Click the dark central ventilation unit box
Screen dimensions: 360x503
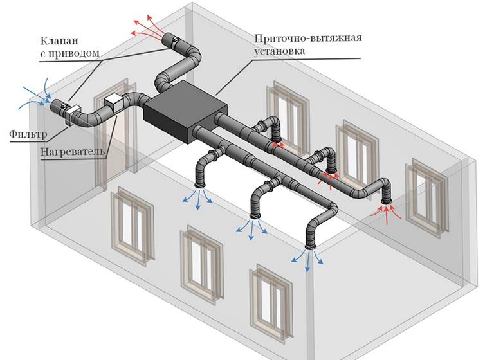[x=185, y=114]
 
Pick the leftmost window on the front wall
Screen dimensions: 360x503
[x=133, y=222]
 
